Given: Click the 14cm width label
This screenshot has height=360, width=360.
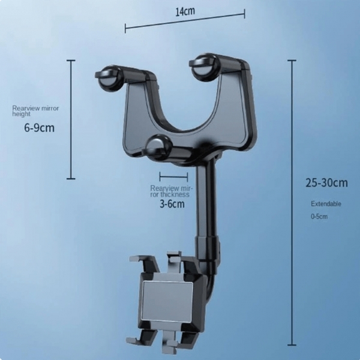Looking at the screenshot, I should (185, 10).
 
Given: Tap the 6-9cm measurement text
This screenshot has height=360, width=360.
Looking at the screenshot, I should (39, 128).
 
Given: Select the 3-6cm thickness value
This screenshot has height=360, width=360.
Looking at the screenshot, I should (172, 204).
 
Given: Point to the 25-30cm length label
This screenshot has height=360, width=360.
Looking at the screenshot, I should (326, 182).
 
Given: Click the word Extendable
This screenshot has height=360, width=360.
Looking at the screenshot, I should (326, 203).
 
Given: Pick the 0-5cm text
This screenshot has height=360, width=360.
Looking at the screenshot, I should (319, 216).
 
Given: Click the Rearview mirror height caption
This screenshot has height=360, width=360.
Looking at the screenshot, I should (35, 111).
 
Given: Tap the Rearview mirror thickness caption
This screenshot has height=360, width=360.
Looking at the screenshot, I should (170, 191).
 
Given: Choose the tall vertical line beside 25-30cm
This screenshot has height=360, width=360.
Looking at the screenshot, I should (292, 202).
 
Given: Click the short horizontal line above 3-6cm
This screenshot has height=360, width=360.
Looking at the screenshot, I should (173, 176).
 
